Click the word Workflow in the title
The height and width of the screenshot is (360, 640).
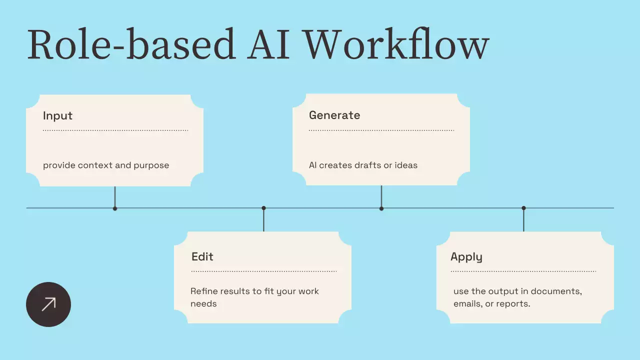(396, 45)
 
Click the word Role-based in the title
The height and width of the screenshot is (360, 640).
(130, 45)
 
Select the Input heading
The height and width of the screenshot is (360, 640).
(57, 115)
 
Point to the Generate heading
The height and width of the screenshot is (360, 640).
(334, 115)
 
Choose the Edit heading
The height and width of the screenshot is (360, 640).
(202, 256)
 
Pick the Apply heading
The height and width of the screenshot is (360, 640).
(466, 256)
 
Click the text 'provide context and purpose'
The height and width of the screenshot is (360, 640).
(106, 165)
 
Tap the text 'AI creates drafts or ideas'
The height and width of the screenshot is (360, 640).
(363, 165)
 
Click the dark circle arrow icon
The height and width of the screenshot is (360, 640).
(48, 304)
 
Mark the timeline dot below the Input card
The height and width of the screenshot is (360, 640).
(115, 208)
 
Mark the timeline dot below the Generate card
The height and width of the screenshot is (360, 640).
(381, 208)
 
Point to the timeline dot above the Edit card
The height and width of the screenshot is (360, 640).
(263, 208)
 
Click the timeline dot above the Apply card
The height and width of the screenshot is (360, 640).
(523, 208)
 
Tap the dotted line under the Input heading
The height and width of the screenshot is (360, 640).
(115, 130)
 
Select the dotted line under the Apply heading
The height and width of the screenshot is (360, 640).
(523, 271)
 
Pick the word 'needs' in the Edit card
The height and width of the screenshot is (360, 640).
(203, 303)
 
